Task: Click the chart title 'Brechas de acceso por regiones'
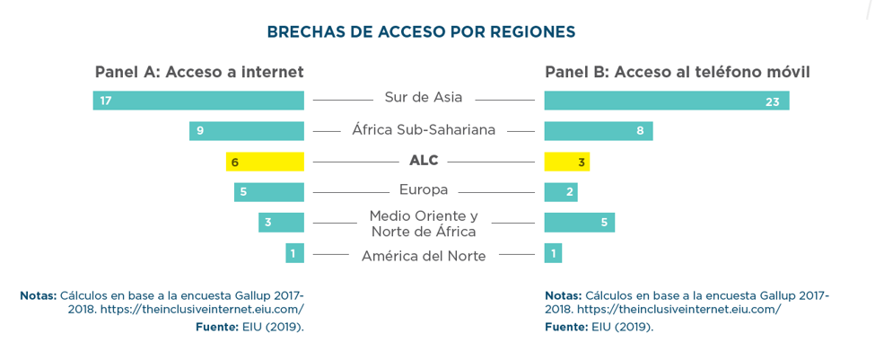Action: coord(421,32)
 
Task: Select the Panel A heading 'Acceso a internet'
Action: coord(199,72)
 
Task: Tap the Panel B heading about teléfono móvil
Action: coord(677,72)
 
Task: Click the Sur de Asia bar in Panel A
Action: coord(198,101)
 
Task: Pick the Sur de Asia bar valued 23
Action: coord(666,101)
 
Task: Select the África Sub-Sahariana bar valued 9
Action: coord(247,131)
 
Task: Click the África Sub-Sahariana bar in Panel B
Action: coord(598,131)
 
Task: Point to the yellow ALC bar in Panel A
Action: coord(265,162)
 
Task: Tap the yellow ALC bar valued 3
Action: coord(566,162)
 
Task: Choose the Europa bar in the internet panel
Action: coord(269,192)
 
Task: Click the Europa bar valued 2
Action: coord(561,192)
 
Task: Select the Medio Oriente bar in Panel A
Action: coord(281,223)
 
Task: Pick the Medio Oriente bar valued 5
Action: coord(579,223)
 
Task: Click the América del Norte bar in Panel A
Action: coord(294,253)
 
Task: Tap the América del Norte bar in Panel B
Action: coord(553,253)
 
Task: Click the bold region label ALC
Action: coord(424,161)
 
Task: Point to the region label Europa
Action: coord(424,189)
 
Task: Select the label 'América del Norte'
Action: coord(424,257)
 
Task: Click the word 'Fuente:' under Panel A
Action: coord(216,327)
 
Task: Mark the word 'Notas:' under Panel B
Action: coord(563,295)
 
